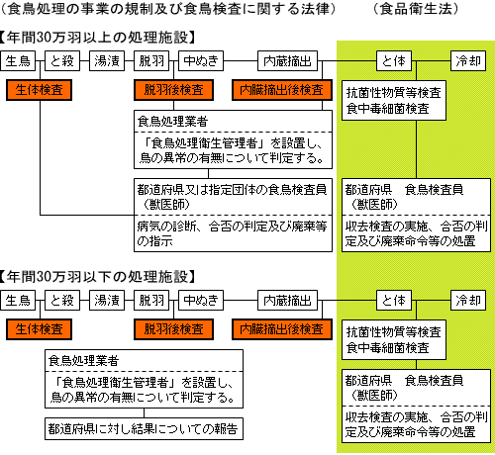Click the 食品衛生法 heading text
(x=416, y=9)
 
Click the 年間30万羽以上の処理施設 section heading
(x=98, y=38)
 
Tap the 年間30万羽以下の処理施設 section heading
(x=98, y=277)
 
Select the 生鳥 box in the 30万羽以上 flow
(x=18, y=60)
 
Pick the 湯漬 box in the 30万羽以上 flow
(x=107, y=60)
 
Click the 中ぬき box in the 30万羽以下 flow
(x=201, y=300)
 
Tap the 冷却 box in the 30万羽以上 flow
(x=468, y=60)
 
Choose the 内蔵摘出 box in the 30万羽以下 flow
(x=287, y=300)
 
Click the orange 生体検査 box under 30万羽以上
(x=39, y=90)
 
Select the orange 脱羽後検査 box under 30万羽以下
(x=173, y=329)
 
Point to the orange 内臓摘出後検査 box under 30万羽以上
(x=282, y=90)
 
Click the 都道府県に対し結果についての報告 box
(x=144, y=429)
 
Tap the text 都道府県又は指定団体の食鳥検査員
(x=232, y=190)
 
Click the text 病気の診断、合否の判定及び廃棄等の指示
(x=232, y=233)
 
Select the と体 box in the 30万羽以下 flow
(x=394, y=300)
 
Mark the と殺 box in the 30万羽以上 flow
(x=62, y=60)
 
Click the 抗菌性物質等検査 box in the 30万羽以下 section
(x=394, y=339)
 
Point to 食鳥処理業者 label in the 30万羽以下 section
(x=83, y=361)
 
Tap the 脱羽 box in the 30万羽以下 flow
(x=151, y=300)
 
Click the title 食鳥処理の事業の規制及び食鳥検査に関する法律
(x=167, y=9)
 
